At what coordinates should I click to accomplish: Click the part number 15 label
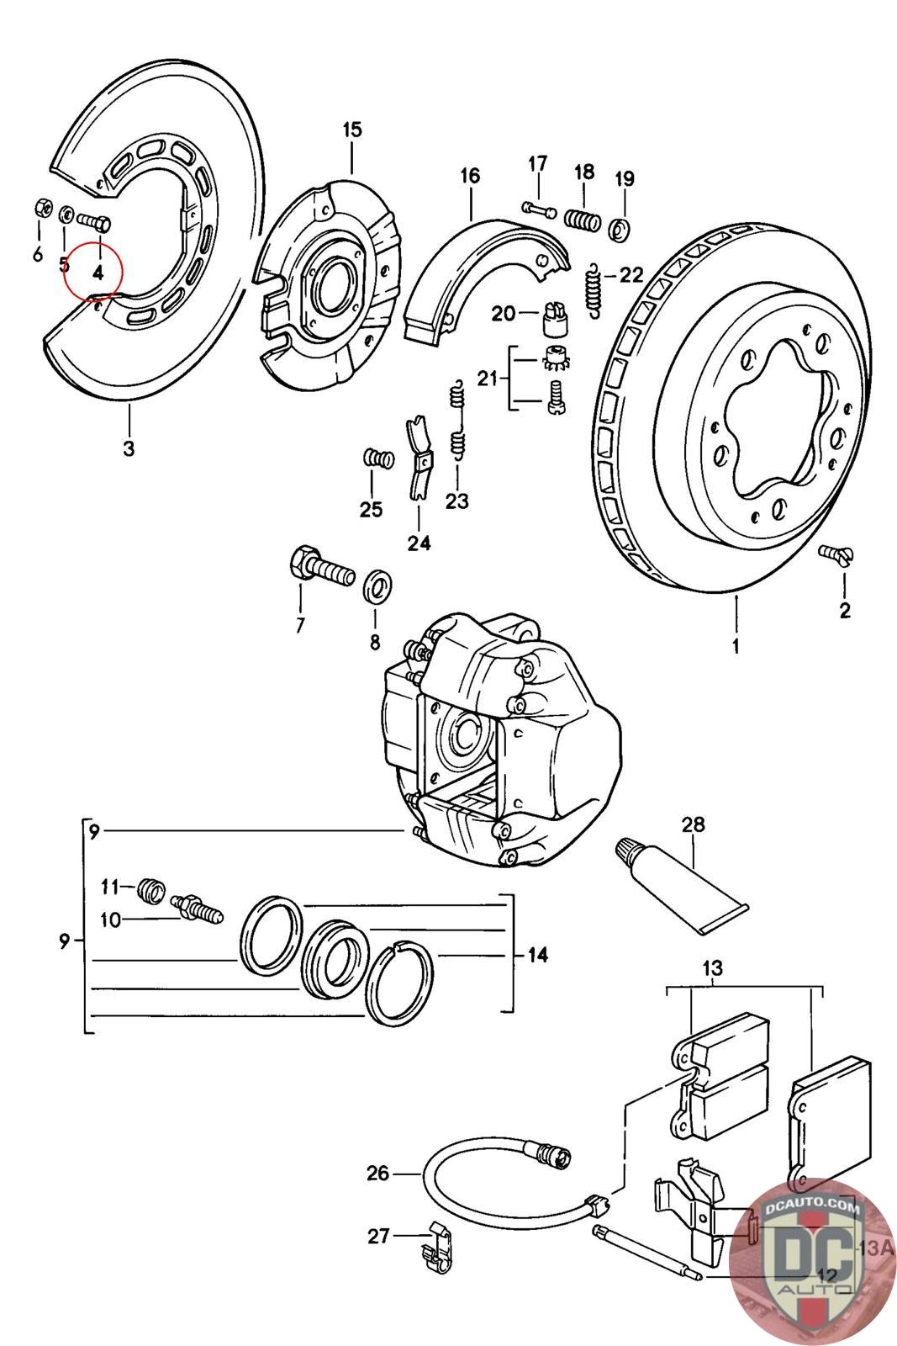pyautogui.click(x=351, y=130)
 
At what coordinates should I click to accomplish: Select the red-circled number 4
pyautogui.click(x=98, y=273)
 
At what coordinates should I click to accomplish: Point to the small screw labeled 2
pyautogui.click(x=831, y=553)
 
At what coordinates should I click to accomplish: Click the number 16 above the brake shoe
pyautogui.click(x=470, y=176)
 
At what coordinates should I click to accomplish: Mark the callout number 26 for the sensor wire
pyautogui.click(x=378, y=1172)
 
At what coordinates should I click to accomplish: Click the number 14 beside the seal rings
pyautogui.click(x=537, y=955)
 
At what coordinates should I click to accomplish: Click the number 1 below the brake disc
pyautogui.click(x=736, y=647)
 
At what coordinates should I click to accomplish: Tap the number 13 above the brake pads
pyautogui.click(x=712, y=968)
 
